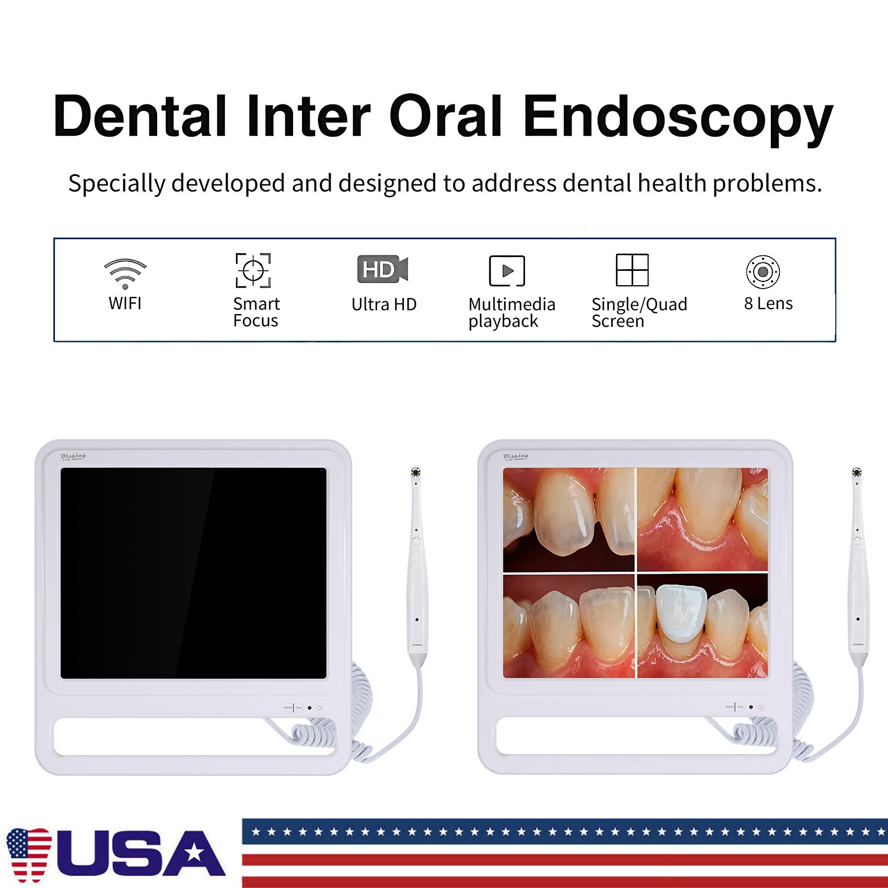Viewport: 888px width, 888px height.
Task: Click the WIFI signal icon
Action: [125, 273]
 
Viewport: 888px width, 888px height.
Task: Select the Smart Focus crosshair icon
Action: [254, 270]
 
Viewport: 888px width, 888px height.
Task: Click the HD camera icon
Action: [382, 269]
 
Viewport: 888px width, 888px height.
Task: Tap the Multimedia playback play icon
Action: [507, 271]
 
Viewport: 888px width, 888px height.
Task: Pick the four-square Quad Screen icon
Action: [632, 270]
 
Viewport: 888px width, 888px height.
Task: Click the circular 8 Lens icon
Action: [763, 271]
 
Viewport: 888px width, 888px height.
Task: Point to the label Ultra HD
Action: [384, 304]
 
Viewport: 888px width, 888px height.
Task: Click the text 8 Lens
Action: [768, 304]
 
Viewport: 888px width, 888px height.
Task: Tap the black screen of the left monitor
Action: [193, 573]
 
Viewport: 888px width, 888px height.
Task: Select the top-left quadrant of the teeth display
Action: [568, 519]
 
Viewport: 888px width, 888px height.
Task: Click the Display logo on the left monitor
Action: [73, 456]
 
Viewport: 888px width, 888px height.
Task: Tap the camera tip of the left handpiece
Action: [416, 473]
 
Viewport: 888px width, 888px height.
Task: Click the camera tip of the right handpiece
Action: [857, 473]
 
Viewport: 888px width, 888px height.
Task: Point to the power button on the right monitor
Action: [760, 707]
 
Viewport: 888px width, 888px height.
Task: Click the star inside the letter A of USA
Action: [195, 853]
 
